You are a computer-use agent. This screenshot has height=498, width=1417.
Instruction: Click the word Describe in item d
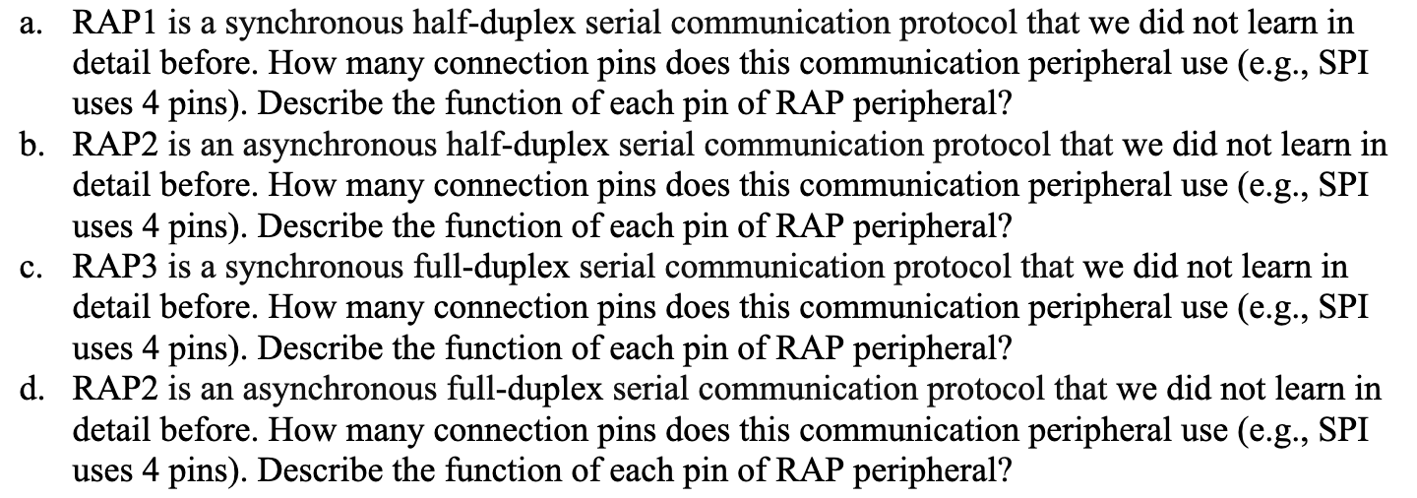[x=320, y=470]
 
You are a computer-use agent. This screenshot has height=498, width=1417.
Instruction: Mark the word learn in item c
[x=1272, y=267]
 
